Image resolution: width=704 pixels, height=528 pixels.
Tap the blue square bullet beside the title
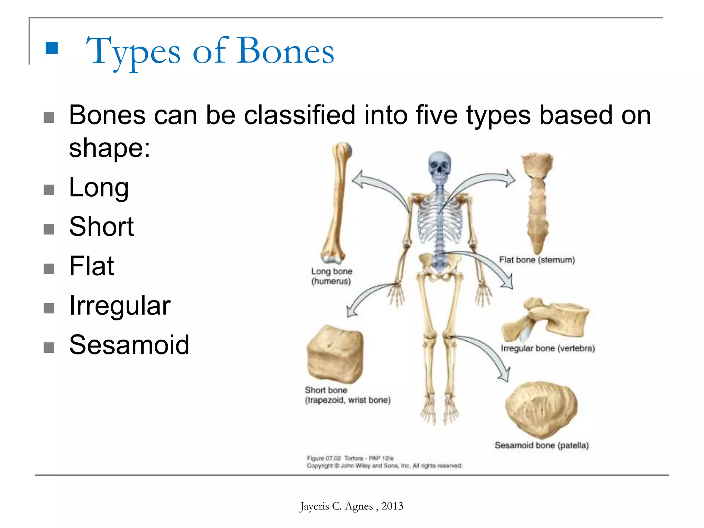point(52,48)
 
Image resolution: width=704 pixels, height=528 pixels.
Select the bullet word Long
point(99,187)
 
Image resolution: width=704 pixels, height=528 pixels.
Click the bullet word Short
point(101,227)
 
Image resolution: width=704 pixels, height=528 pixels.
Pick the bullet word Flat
point(91,266)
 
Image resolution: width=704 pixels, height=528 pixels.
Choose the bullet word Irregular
point(120,306)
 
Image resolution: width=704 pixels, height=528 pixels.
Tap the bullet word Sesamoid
point(129,345)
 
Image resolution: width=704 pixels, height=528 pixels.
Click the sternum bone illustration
point(537,203)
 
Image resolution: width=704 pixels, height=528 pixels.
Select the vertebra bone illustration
point(547,320)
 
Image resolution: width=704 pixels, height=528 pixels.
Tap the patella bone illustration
point(541,409)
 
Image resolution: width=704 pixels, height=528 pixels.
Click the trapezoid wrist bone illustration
point(335,354)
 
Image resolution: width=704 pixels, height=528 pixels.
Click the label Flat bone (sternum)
point(537,260)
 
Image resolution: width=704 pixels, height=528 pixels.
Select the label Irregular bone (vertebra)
point(548,348)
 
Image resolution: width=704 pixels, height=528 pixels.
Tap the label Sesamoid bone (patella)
point(541,445)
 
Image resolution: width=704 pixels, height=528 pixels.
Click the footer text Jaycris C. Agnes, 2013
point(351,506)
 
